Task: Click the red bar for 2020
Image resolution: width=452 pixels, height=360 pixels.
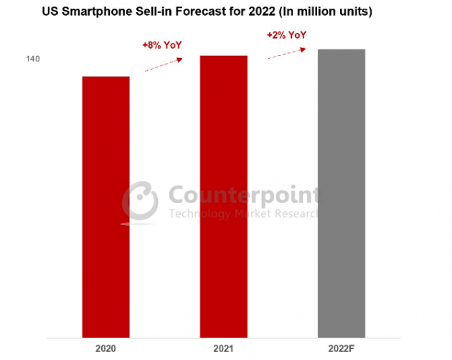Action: (105, 207)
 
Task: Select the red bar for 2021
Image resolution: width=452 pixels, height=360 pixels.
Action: (224, 196)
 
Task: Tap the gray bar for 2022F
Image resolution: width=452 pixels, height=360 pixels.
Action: (342, 194)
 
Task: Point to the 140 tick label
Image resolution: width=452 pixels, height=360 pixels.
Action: (33, 59)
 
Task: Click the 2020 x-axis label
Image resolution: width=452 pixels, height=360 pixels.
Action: (105, 349)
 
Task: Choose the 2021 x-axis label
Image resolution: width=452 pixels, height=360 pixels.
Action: (223, 349)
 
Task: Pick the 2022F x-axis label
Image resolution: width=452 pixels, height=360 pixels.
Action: (342, 349)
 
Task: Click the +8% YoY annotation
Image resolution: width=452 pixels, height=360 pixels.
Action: (162, 45)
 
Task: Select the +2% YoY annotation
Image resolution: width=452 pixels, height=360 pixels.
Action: (286, 35)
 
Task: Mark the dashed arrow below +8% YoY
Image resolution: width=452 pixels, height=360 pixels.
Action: (164, 65)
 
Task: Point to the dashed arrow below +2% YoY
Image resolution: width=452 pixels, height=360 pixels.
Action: (287, 53)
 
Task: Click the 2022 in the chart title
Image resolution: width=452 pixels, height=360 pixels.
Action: (262, 11)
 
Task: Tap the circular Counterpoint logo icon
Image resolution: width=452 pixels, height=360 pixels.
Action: (140, 202)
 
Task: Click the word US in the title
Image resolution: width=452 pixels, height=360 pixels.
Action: (50, 11)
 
